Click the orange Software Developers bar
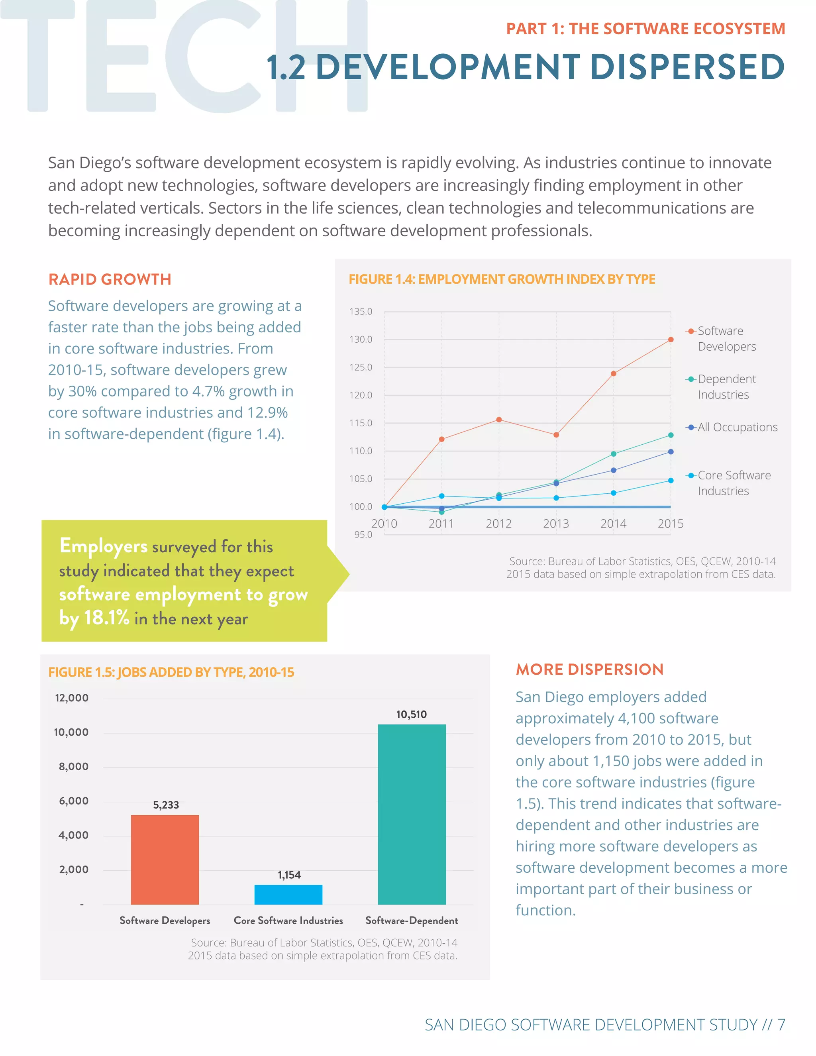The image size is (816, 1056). (x=165, y=860)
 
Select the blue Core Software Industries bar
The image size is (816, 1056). (x=288, y=895)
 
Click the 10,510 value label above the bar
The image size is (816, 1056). (x=411, y=714)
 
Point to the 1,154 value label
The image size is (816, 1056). (x=288, y=875)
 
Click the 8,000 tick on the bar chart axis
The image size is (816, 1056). (x=73, y=766)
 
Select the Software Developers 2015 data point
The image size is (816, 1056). (x=671, y=340)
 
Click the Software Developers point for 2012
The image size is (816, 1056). (x=499, y=420)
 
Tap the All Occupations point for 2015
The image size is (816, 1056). (x=671, y=451)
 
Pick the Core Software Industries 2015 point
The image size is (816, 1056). (x=671, y=480)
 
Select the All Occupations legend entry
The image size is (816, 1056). (x=737, y=427)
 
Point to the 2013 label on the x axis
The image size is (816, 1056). (x=556, y=524)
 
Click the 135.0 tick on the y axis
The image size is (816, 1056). (x=361, y=311)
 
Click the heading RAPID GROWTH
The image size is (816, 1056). (x=110, y=279)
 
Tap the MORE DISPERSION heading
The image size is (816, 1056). (x=589, y=669)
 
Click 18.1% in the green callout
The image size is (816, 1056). (x=106, y=617)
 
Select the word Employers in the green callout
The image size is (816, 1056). (x=104, y=546)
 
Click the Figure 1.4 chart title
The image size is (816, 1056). (x=502, y=279)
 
